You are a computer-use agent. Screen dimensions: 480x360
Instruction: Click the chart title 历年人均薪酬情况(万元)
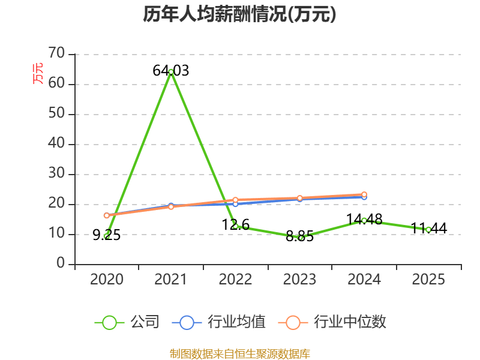click(239, 14)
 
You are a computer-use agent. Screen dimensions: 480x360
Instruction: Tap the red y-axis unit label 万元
click(38, 73)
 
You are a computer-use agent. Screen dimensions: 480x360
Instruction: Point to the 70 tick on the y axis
click(56, 53)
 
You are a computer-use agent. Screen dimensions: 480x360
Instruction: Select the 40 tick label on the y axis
click(56, 143)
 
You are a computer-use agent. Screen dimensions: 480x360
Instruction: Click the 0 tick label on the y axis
click(61, 263)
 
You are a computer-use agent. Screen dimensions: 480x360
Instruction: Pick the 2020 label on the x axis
click(107, 280)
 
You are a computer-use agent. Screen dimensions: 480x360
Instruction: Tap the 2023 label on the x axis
click(299, 280)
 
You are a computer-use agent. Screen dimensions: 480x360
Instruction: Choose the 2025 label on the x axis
click(428, 280)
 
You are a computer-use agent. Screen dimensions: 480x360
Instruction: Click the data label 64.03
click(171, 71)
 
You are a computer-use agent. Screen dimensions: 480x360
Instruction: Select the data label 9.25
click(107, 235)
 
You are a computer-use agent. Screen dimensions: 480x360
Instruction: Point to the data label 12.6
click(235, 225)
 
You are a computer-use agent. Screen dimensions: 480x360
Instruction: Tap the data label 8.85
click(299, 236)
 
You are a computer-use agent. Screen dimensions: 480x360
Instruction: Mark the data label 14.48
click(364, 220)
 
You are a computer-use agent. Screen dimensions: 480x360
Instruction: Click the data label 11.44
click(428, 229)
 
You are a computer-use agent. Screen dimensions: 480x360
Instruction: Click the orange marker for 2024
click(364, 194)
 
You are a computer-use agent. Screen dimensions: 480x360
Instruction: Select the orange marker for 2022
click(235, 200)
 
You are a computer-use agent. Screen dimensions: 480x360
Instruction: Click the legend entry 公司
click(127, 322)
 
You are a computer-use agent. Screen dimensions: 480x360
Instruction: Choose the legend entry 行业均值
click(219, 322)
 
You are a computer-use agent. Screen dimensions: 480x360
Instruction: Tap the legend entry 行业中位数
click(332, 322)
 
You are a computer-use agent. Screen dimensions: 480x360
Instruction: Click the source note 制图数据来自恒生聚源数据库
click(240, 354)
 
